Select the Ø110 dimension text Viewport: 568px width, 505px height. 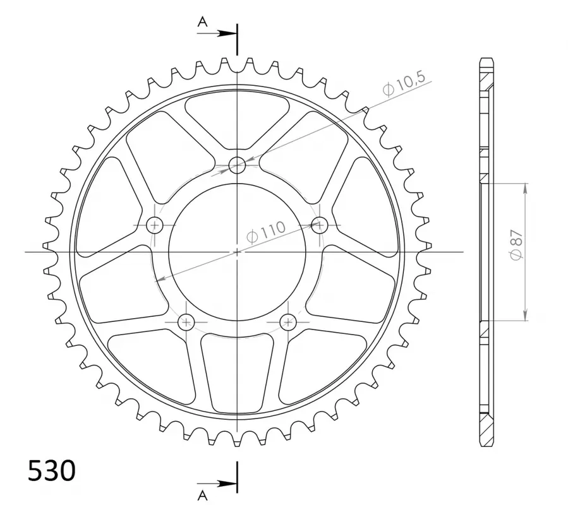pos(266,232)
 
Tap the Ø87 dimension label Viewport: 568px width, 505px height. pos(517,245)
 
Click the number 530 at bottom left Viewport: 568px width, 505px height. pos(52,471)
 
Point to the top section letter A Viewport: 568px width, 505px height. pos(202,22)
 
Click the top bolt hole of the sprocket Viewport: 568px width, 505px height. pos(238,165)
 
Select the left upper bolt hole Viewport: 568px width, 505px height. pos(155,225)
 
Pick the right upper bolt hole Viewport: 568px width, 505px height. pos(320,225)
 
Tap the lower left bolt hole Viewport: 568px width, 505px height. pos(186,321)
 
